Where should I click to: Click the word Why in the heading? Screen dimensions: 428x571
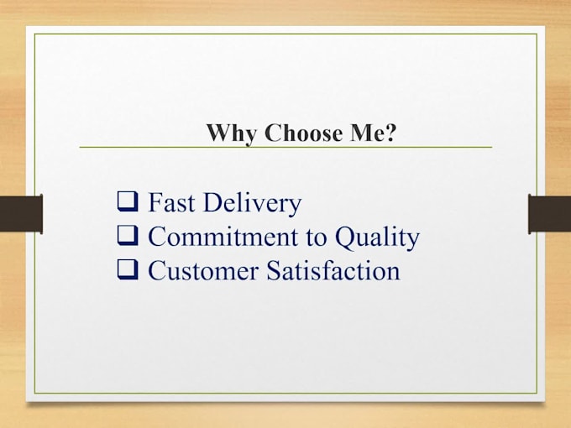232,133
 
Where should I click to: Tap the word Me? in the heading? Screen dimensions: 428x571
367,133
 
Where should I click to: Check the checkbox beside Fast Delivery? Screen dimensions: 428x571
128,202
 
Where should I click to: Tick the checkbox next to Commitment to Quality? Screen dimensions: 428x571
128,237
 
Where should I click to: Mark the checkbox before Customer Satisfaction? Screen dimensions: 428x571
128,270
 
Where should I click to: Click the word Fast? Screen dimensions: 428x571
173,203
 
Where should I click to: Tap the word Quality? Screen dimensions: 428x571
377,238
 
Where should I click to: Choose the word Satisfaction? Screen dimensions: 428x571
333,271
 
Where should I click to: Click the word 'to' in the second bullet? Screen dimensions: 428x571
314,238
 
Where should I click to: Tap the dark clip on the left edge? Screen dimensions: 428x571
21,212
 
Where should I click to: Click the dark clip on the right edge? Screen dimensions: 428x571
549,212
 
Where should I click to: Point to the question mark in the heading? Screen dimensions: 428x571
390,133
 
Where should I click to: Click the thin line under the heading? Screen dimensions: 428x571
285,148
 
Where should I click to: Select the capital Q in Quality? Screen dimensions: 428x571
345,237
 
